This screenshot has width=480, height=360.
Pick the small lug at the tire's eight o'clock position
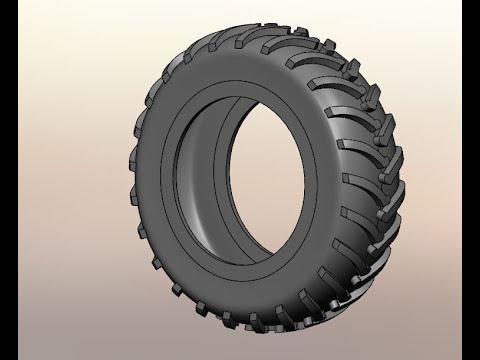(x=140, y=235)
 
